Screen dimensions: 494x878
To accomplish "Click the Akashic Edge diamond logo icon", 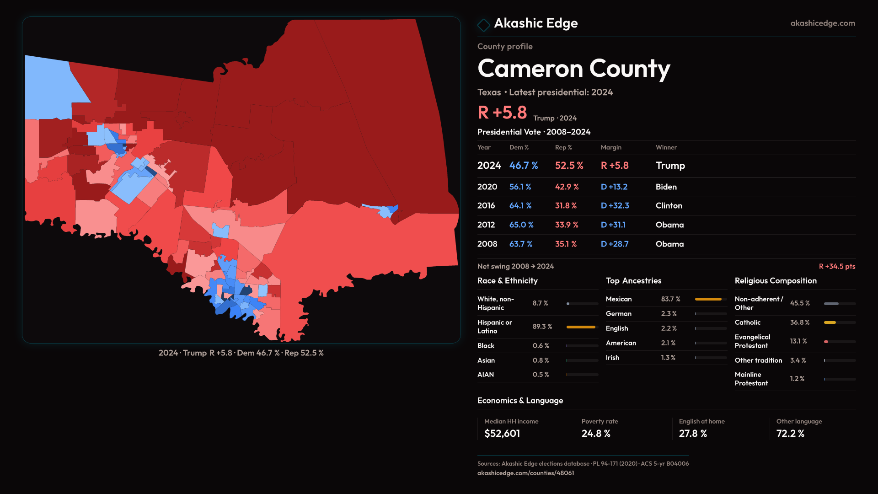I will coord(483,25).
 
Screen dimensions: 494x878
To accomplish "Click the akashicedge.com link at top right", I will coord(823,23).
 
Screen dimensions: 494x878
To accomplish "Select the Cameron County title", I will coord(573,69).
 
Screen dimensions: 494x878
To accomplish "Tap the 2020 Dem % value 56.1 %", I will coord(520,187).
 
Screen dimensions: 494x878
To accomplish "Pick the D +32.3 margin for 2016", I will coord(615,206).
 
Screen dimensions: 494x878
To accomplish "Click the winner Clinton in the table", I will coord(669,206).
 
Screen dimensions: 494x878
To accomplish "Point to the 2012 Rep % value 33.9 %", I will coord(566,225).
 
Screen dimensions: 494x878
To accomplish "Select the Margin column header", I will coord(611,147).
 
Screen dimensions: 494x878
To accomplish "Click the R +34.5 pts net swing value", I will coord(837,266).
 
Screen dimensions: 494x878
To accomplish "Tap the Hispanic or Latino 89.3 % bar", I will coord(581,327).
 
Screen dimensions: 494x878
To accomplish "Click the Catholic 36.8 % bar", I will coord(830,322).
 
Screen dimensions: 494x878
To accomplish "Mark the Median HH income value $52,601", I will coord(502,434).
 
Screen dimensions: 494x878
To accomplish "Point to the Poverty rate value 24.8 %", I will coord(596,434).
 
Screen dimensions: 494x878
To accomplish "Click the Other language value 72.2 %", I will coord(790,434).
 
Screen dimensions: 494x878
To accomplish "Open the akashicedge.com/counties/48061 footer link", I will coord(525,473).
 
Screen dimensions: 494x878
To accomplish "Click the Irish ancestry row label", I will coord(612,358).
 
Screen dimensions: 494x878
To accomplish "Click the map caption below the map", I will coord(241,353).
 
